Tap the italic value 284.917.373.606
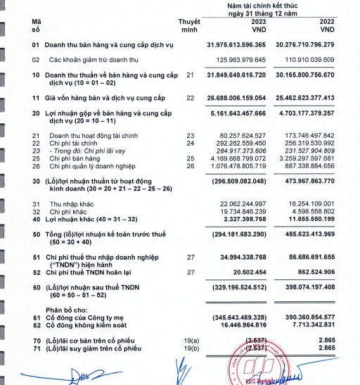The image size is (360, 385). click(241, 150)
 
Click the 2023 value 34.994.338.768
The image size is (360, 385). click(241, 259)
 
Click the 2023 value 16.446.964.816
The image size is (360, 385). click(241, 326)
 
